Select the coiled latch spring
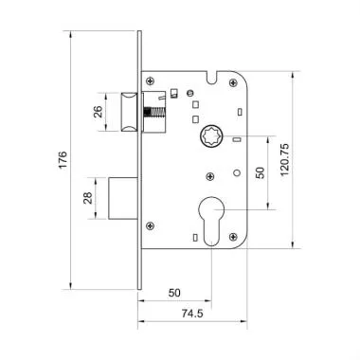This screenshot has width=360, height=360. (x=153, y=112)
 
